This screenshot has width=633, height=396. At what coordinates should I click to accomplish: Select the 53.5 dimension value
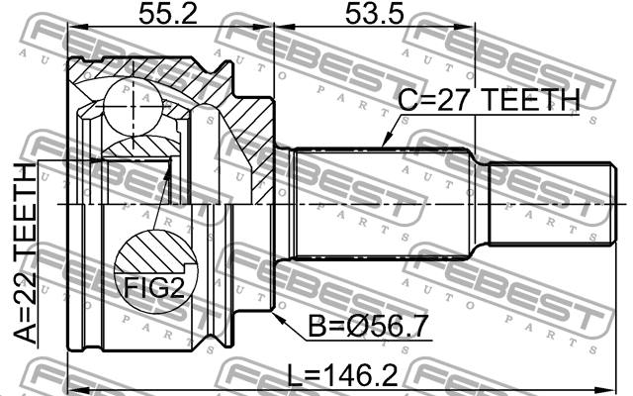374,13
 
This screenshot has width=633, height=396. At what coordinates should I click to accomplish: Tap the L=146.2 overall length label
342,375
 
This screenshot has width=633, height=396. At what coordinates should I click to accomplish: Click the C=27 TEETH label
489,100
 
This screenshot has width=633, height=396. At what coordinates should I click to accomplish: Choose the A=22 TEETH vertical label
25,253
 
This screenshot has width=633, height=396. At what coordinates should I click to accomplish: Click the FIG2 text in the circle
154,287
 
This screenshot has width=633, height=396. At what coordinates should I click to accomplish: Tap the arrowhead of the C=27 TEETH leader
385,141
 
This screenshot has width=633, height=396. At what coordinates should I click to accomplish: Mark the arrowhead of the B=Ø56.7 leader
279,317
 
